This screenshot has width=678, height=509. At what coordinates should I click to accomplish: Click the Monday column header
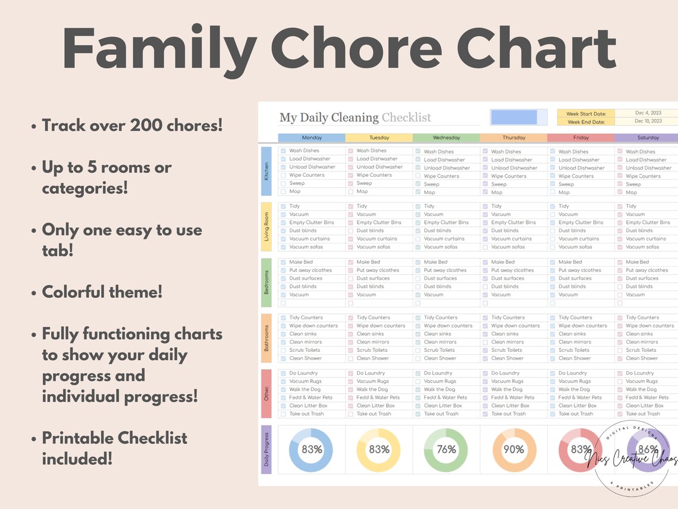pos(312,138)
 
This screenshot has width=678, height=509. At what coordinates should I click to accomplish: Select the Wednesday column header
pos(446,138)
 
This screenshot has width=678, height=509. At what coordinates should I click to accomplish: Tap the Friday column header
pos(580,138)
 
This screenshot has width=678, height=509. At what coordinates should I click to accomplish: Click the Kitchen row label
pos(266,171)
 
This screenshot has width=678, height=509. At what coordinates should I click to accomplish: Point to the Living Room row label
pos(266,226)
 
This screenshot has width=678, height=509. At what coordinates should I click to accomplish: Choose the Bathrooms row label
pos(266,338)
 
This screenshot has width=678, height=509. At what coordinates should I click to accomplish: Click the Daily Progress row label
pos(266,449)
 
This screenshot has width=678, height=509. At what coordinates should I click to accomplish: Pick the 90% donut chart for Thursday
pos(514,450)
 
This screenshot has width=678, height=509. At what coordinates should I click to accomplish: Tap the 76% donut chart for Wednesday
pos(447,450)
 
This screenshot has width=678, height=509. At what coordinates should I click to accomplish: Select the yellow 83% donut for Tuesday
pos(379,450)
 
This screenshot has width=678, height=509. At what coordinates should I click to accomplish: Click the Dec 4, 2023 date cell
pos(647,113)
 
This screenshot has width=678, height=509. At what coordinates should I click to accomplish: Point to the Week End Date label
pos(585,122)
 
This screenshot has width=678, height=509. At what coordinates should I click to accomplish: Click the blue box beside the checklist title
pos(514,117)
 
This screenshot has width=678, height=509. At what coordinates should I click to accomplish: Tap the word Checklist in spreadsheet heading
pos(406,117)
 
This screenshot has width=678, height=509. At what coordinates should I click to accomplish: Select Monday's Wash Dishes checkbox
pos(283,151)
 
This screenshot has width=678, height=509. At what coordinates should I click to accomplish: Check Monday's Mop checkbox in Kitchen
pos(283,192)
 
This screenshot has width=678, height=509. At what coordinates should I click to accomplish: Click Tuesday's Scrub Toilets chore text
pos(372,350)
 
